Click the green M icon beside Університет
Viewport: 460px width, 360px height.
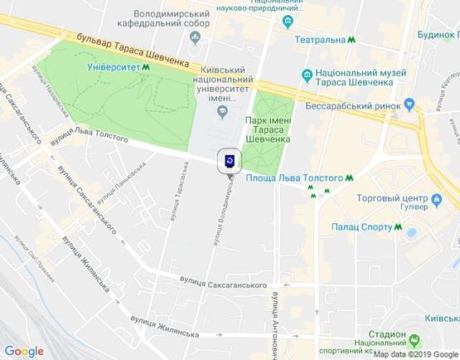coord(147,68)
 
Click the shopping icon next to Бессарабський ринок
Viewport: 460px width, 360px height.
coord(409,105)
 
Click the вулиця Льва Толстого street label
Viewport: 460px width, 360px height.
coord(90,137)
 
